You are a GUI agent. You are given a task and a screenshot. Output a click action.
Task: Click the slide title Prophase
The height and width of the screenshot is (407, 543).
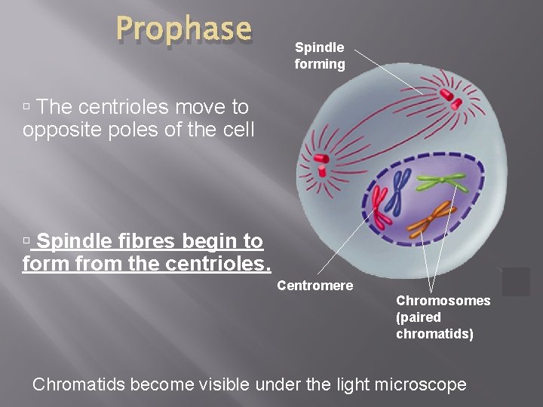pos(183,29)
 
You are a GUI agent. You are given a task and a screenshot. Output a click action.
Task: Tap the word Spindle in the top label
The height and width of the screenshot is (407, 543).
pos(319,47)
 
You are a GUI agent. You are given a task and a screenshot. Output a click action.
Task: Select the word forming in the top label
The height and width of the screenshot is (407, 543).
pos(320,64)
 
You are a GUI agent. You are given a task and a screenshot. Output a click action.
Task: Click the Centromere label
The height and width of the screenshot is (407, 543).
pos(314,286)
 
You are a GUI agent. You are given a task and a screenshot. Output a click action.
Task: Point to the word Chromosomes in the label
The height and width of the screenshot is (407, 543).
pos(443,301)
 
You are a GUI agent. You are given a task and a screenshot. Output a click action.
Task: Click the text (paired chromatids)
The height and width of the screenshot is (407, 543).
pos(434,326)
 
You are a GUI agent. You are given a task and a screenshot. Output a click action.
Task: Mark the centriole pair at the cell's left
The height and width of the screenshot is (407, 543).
pos(321,160)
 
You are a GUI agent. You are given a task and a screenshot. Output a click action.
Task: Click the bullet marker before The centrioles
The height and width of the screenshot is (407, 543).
pos(26,106)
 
